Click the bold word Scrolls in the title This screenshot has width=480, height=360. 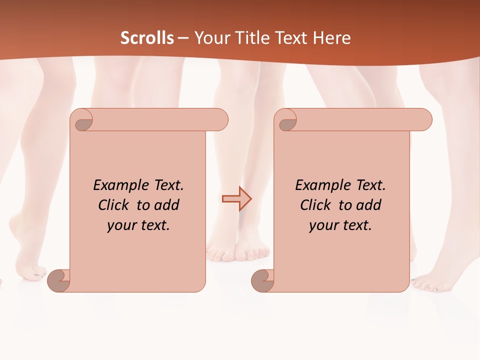(x=147, y=38)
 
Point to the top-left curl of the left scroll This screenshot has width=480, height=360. (x=83, y=121)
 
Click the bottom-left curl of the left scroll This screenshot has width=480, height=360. (x=58, y=280)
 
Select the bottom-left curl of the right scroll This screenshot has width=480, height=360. (x=262, y=280)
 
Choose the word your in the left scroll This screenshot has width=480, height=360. (x=121, y=225)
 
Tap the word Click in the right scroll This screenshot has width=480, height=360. (x=316, y=205)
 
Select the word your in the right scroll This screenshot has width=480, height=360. (x=323, y=225)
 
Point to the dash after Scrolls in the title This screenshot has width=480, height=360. (x=183, y=38)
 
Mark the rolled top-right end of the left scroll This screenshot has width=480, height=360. (x=219, y=120)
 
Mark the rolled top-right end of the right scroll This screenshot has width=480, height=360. (x=423, y=120)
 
